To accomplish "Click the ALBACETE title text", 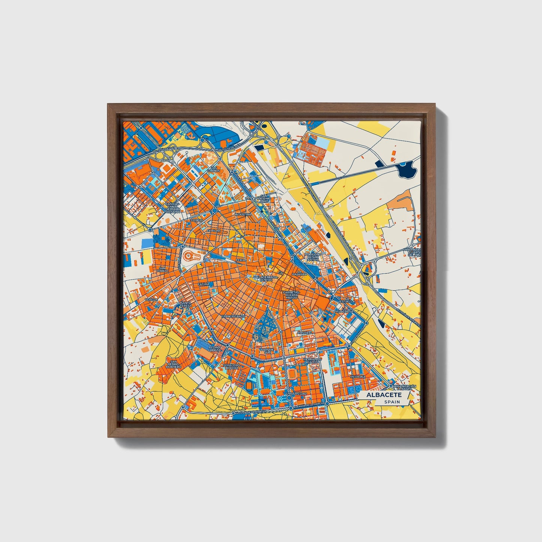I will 384,395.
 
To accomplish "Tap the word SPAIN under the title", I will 392,402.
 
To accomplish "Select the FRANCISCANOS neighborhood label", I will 233,316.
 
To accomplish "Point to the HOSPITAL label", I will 305,332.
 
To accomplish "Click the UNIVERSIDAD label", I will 296,393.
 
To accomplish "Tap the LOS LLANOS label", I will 214,169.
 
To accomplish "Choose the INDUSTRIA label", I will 243,215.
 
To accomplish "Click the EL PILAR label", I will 212,231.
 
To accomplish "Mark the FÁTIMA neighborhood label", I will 203,284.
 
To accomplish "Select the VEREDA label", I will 152,300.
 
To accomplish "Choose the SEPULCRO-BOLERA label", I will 231,366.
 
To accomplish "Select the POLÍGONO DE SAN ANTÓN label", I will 313,257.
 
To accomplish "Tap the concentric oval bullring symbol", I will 194,257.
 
